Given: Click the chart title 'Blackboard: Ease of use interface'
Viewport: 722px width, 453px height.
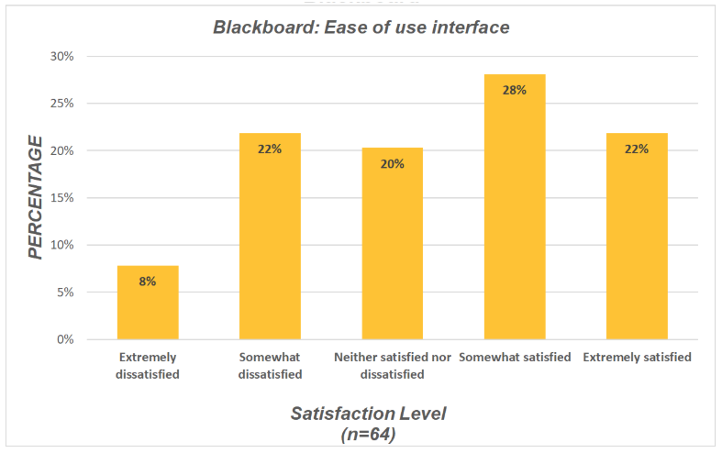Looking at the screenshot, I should [x=361, y=28].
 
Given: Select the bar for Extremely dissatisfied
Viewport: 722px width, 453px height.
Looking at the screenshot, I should [x=148, y=303].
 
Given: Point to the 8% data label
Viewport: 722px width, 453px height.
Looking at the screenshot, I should [x=148, y=282].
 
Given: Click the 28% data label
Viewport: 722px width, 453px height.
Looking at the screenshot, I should [x=515, y=90].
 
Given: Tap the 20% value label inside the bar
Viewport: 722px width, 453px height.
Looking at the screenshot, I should [x=392, y=163].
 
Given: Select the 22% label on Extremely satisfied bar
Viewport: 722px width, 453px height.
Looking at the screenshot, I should [x=637, y=149].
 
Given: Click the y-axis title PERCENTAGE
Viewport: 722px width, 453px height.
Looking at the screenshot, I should [x=36, y=197].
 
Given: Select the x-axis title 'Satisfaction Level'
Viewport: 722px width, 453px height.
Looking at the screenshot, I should [x=368, y=414].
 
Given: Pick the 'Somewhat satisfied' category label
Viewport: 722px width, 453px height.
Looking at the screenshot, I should [x=515, y=357].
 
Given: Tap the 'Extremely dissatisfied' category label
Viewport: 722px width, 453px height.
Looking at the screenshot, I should [x=148, y=365].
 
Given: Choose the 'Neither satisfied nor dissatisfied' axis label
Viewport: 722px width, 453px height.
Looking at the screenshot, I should [x=392, y=365].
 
